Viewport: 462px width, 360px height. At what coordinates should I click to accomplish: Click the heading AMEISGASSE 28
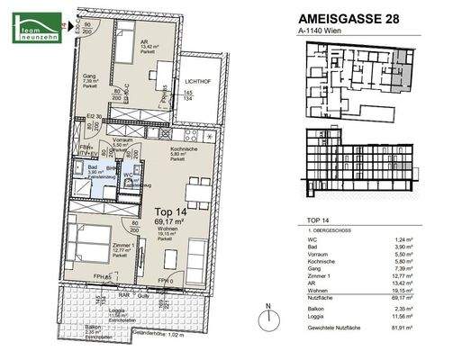[x=344, y=16]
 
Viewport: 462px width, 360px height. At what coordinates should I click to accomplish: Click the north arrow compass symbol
[x=268, y=321]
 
